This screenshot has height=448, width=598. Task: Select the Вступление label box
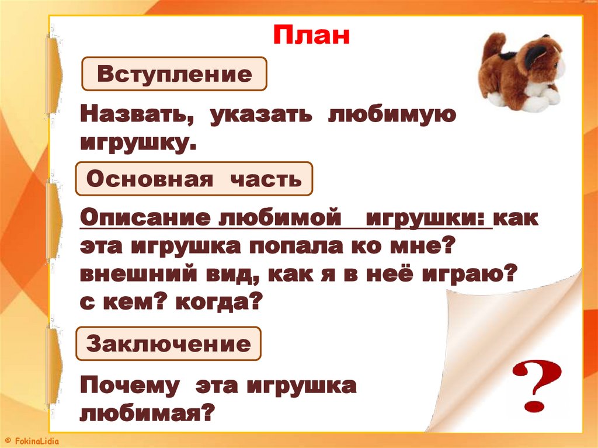[174, 74]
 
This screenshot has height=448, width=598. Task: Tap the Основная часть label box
[194, 179]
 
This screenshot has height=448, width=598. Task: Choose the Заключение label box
[168, 343]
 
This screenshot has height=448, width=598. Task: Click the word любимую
[391, 115]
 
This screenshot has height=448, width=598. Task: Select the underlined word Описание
[146, 219]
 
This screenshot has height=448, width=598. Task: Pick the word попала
[292, 246]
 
